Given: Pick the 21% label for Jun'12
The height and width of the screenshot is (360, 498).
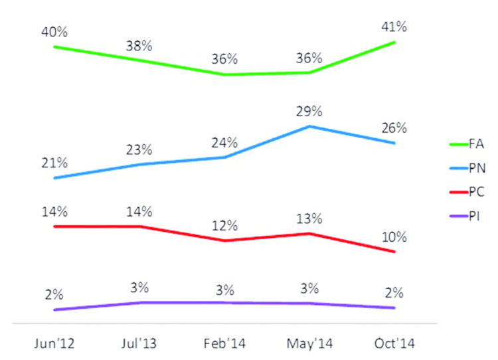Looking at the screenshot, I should point(54,163).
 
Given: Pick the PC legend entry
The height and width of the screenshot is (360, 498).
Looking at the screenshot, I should point(467,191).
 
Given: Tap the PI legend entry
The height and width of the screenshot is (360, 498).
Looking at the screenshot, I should point(467,217).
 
